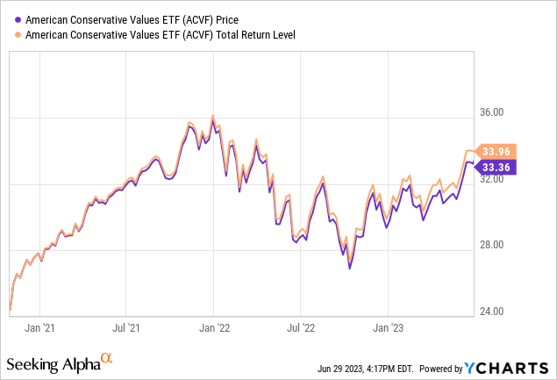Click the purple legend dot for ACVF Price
pos(18,18)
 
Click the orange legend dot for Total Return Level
pos(18,35)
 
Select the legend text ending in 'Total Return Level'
pos(158,35)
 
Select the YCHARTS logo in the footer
pos(512,365)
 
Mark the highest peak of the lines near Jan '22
pos(212,115)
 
